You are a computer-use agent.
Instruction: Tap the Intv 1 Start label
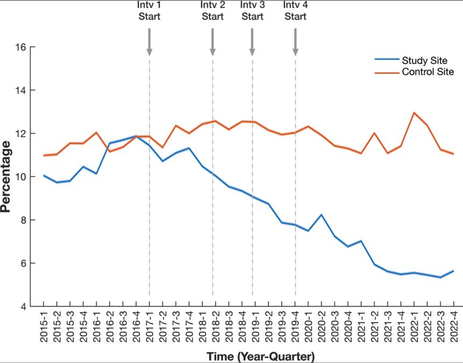tap(149, 11)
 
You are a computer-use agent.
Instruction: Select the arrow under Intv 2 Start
tap(212, 42)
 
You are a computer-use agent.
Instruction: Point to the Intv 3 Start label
tap(252, 11)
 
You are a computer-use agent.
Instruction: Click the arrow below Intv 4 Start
tap(295, 42)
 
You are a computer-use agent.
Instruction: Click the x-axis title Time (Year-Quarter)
tap(261, 356)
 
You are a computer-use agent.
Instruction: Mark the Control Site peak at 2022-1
tap(414, 113)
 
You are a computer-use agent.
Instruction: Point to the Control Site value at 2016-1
tap(96, 132)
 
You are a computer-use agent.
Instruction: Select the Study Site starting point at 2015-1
tap(44, 175)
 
